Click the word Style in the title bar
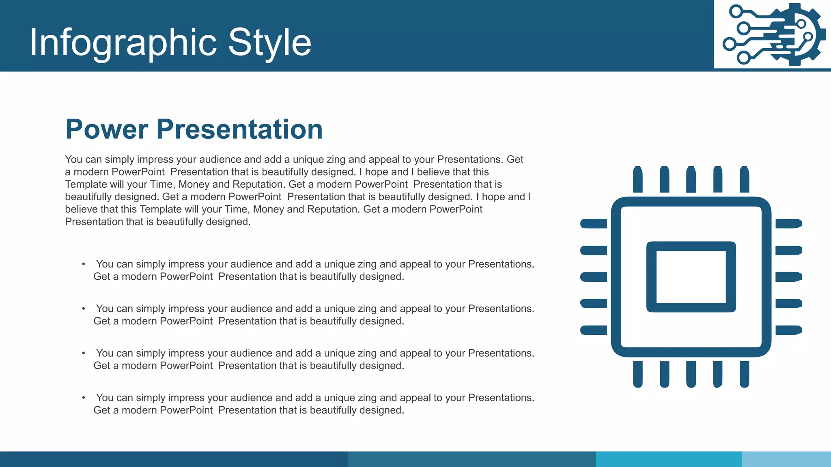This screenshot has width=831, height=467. pyautogui.click(x=269, y=43)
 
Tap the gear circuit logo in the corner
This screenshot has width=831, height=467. pyautogui.click(x=773, y=34)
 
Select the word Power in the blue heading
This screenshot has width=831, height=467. pyautogui.click(x=107, y=129)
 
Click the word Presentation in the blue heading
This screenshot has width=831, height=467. pyautogui.click(x=239, y=129)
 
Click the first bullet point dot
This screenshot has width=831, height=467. pyautogui.click(x=84, y=264)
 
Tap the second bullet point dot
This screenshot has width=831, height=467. pyautogui.click(x=84, y=309)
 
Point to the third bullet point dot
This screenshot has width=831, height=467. pyautogui.click(x=84, y=353)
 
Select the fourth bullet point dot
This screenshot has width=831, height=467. pyautogui.click(x=84, y=398)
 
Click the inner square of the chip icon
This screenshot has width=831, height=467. pyautogui.click(x=691, y=277)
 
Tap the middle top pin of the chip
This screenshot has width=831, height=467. pyautogui.click(x=691, y=180)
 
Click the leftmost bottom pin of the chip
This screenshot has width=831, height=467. pyautogui.click(x=638, y=374)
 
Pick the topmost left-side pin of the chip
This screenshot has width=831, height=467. pyautogui.click(x=594, y=224)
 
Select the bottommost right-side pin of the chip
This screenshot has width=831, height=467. pyautogui.click(x=788, y=330)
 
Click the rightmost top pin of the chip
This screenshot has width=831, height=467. pyautogui.click(x=744, y=180)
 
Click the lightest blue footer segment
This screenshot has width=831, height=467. pyautogui.click(x=786, y=459)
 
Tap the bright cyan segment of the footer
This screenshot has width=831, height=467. pyautogui.click(x=669, y=459)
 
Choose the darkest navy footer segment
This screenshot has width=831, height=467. pyautogui.click(x=174, y=459)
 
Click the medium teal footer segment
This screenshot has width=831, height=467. pyautogui.click(x=471, y=459)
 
